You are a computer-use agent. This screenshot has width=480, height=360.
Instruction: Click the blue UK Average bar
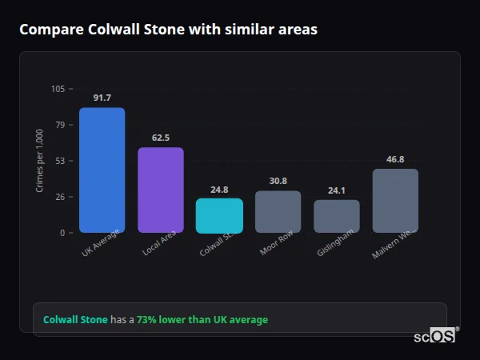tap(102, 170)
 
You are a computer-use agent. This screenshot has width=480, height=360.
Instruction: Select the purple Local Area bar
tap(161, 190)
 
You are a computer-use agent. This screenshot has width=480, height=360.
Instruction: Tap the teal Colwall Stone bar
tap(219, 215)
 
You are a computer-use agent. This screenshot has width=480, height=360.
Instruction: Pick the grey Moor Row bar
tap(278, 211)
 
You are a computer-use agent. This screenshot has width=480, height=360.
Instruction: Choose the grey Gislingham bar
tap(337, 216)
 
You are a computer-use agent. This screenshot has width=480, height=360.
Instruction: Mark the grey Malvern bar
tap(395, 201)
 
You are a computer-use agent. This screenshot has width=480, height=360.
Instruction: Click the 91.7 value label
tap(102, 98)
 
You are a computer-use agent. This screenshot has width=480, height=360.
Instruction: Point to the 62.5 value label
tap(161, 138)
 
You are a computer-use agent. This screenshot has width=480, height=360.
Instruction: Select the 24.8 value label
tap(219, 190)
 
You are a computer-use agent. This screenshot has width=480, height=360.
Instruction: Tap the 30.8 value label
tap(278, 181)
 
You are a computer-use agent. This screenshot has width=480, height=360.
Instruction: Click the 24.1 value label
tap(337, 190)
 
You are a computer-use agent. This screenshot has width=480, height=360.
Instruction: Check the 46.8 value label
tap(395, 159)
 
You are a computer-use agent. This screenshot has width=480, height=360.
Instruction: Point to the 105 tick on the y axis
tap(58, 89)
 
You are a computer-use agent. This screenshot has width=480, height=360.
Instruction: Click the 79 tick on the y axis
tap(60, 125)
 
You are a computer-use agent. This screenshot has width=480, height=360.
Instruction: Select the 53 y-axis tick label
tap(60, 161)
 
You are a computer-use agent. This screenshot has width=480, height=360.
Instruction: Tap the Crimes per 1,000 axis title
tap(40, 161)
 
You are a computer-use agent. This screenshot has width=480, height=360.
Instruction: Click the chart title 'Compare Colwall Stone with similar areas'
tap(168, 30)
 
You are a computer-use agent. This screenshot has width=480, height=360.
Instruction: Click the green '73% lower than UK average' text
tap(202, 319)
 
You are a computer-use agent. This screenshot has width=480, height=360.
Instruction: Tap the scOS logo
tap(435, 336)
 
